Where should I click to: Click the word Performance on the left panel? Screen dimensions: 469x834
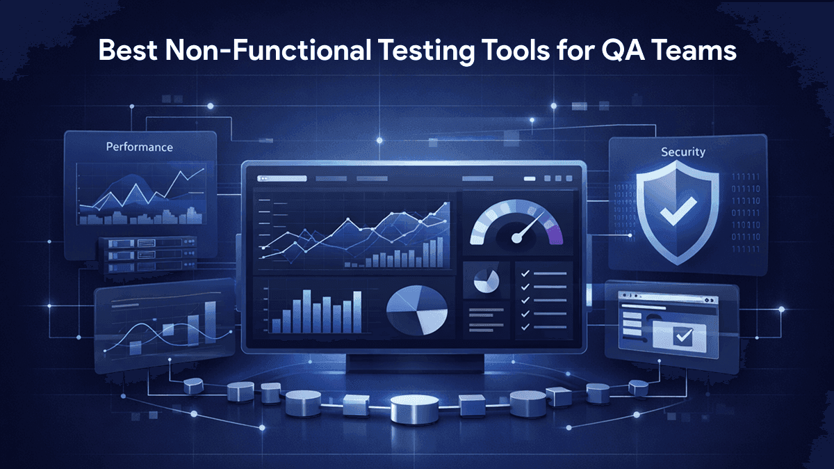[x=139, y=148]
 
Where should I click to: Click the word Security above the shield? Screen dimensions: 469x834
[x=683, y=152]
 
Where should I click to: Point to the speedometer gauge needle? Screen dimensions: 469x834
[x=526, y=227]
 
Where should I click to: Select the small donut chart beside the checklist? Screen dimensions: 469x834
[x=486, y=281]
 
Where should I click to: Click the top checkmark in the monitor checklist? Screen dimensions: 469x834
[x=525, y=275]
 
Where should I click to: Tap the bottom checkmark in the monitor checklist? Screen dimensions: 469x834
[x=525, y=325]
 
